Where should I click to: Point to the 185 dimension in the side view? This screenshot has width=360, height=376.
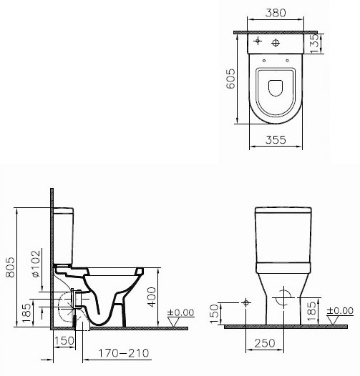point(26,312)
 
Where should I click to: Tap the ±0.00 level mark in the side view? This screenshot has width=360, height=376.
point(180,312)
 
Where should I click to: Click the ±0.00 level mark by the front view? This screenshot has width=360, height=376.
point(340,310)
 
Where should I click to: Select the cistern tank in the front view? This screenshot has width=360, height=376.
point(283,234)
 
